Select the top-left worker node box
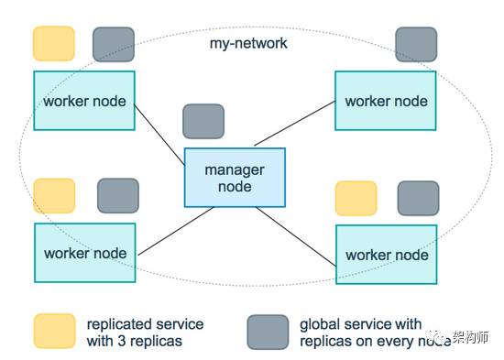pyautogui.click(x=84, y=100)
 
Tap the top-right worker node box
pyautogui.click(x=386, y=100)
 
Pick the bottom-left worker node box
pyautogui.click(x=84, y=252)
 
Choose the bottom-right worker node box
pyautogui.click(x=387, y=254)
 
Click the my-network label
pyautogui.click(x=248, y=43)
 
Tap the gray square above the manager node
pyautogui.click(x=203, y=121)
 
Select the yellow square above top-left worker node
pyautogui.click(x=53, y=44)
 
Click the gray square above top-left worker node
pyautogui.click(x=114, y=44)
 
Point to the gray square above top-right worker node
pyautogui.click(x=416, y=44)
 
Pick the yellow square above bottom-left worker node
pyautogui.click(x=54, y=196)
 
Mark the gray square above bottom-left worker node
pyautogui.click(x=117, y=196)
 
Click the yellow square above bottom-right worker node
pyautogui.click(x=356, y=198)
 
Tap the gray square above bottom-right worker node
pyautogui.click(x=418, y=198)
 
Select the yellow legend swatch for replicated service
pyautogui.click(x=54, y=332)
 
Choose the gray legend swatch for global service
pyautogui.click(x=268, y=332)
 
